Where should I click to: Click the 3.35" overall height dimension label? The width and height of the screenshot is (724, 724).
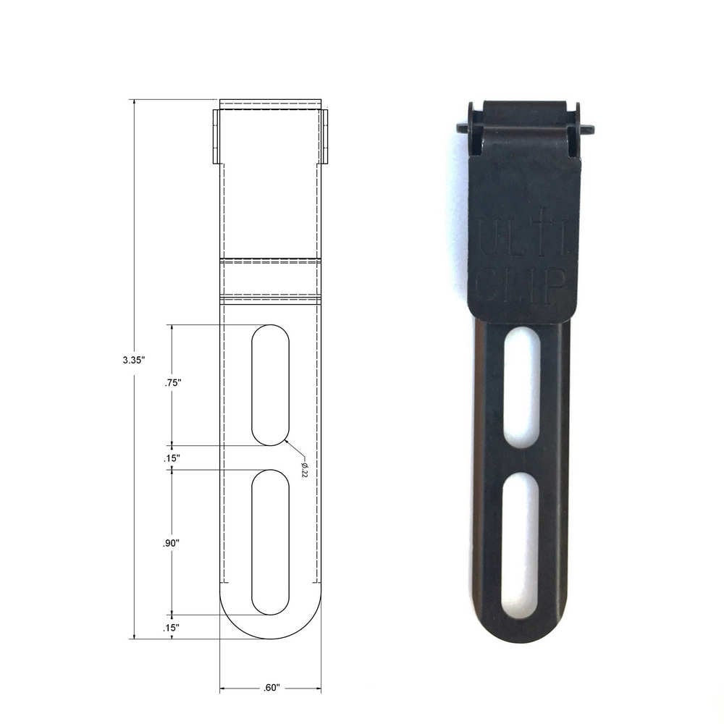point(135,358)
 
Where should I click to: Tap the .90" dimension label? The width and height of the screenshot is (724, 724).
point(172,542)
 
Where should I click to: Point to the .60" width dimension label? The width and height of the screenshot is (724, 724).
point(271,688)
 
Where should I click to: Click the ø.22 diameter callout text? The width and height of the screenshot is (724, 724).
point(304,468)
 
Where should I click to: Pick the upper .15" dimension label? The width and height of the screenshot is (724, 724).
point(172,458)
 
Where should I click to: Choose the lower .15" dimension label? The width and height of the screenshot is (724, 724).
point(172,628)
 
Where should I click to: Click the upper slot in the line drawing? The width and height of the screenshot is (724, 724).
point(270,384)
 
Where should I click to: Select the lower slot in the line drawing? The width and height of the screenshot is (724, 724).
point(270,542)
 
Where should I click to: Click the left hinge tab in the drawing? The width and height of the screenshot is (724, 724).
point(216,136)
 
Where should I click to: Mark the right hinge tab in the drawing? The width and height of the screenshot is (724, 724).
point(324,136)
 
